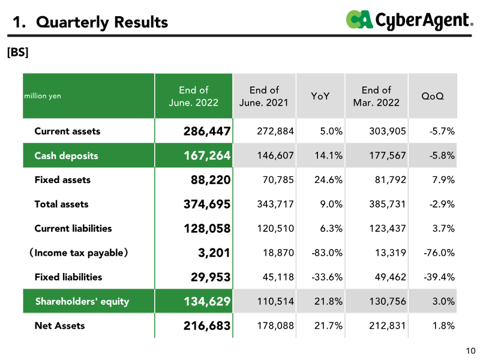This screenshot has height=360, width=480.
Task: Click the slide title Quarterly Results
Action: pyautogui.click(x=91, y=22)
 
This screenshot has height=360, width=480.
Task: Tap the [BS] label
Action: pyautogui.click(x=17, y=52)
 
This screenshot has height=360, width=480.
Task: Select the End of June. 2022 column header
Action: pyautogui.click(x=193, y=97)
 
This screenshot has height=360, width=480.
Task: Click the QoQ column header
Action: pyautogui.click(x=433, y=96)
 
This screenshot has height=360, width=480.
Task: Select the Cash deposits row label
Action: pyautogui.click(x=66, y=155)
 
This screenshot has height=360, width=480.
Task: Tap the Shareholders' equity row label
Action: pyautogui.click(x=82, y=301)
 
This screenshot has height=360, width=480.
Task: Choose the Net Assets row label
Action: pyautogui.click(x=59, y=326)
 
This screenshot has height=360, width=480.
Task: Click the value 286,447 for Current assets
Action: pyautogui.click(x=207, y=131)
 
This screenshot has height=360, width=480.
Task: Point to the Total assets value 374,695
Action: pyautogui.click(x=207, y=204)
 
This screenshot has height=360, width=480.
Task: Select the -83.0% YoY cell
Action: pyautogui.click(x=327, y=253)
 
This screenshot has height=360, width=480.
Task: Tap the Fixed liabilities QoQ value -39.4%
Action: pyautogui.click(x=439, y=277)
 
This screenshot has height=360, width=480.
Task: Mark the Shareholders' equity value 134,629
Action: pyautogui.click(x=207, y=301)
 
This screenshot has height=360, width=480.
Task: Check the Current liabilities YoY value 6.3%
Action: pyautogui.click(x=331, y=229)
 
